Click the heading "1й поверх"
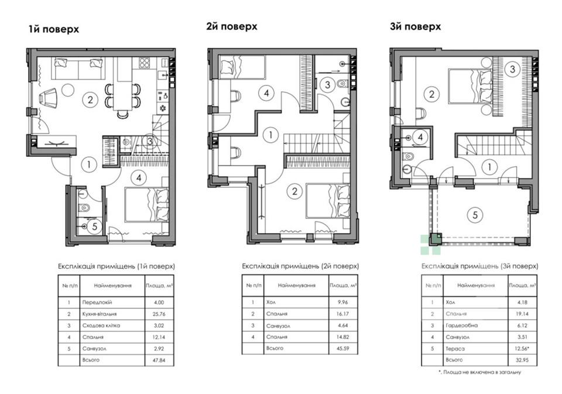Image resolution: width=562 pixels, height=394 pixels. tap(54, 29)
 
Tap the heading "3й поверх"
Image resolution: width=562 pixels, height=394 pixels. tap(416, 26)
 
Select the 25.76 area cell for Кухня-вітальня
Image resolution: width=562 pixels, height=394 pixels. tap(159, 314)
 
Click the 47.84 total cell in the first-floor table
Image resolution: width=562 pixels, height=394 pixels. tap(159, 360)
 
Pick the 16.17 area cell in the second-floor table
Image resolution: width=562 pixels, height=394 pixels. tap(342, 314)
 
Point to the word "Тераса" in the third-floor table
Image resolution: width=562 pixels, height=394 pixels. tap(455, 348)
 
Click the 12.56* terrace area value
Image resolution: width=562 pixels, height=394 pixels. tap(523, 348)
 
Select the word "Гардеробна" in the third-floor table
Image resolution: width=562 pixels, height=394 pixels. tap(462, 326)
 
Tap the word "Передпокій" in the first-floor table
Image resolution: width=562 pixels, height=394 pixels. tap(97, 302)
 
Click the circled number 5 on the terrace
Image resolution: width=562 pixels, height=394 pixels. tap(475, 215)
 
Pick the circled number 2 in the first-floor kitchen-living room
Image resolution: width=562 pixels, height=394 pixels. tap(90, 100)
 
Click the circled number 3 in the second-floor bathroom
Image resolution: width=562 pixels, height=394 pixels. tap(328, 85)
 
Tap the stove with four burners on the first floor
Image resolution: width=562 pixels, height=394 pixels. tap(144, 63)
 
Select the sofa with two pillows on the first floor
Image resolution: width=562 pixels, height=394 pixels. tap(79, 68)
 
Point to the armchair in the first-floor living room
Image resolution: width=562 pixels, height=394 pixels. tap(49, 98)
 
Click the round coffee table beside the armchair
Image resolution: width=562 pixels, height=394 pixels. tap(68, 89)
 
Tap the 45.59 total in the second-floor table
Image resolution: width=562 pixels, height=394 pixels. tap(342, 348)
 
